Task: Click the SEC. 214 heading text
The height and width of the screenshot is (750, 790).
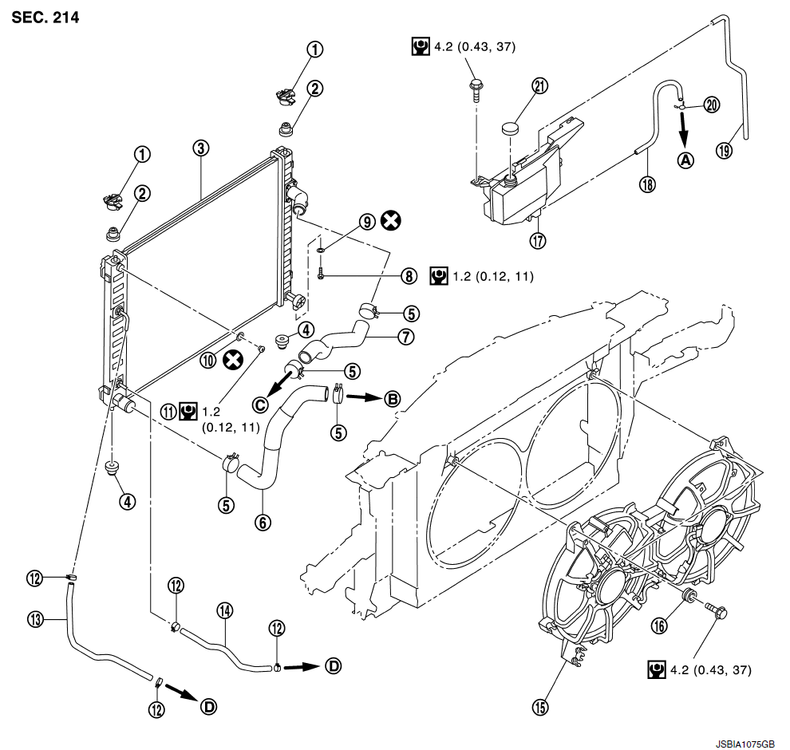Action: pyautogui.click(x=45, y=17)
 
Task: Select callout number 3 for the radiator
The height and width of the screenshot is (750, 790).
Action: pyautogui.click(x=200, y=148)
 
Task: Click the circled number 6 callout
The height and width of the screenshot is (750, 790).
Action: pyautogui.click(x=263, y=523)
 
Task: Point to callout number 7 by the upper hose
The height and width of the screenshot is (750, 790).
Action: pyautogui.click(x=407, y=337)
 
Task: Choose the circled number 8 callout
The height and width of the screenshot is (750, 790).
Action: pyautogui.click(x=409, y=276)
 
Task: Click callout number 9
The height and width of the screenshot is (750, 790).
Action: pyautogui.click(x=367, y=223)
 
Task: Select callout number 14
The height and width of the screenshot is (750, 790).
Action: pyautogui.click(x=224, y=611)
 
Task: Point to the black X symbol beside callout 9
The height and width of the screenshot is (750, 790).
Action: pyautogui.click(x=390, y=223)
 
